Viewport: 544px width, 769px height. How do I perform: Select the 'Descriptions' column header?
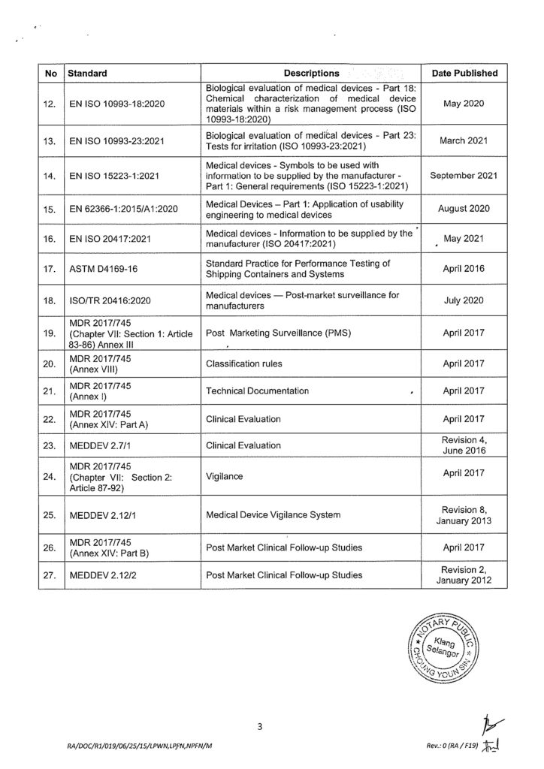(x=311, y=74)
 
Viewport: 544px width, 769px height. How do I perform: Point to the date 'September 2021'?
(x=465, y=176)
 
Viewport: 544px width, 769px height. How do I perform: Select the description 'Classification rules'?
(x=249, y=363)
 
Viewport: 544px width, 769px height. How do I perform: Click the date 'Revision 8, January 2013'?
(x=465, y=514)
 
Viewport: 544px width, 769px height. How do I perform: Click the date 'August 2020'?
(x=465, y=209)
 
